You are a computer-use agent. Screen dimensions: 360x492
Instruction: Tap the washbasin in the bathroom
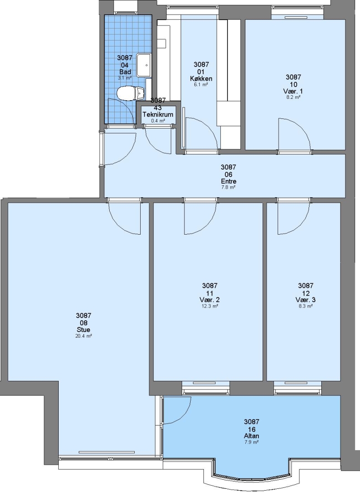click(x=144, y=65)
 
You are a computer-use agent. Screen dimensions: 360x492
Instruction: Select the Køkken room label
click(x=201, y=78)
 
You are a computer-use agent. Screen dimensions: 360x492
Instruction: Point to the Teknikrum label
click(x=158, y=114)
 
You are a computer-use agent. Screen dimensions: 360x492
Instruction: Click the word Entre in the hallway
click(x=228, y=181)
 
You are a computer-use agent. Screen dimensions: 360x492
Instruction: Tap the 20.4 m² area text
click(x=84, y=336)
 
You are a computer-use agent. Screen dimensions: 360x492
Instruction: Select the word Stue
click(x=84, y=329)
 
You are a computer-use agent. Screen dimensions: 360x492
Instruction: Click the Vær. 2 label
click(x=209, y=300)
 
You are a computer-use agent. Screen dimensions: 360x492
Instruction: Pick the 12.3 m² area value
click(x=210, y=306)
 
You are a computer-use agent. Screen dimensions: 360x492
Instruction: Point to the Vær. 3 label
click(x=305, y=300)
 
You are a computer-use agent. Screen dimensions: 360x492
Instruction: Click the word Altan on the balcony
click(x=252, y=436)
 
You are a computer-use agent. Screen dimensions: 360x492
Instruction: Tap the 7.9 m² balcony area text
click(x=252, y=442)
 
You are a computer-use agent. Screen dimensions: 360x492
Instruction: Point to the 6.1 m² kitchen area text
click(x=201, y=85)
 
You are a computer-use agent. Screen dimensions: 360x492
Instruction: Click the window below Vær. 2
click(x=206, y=388)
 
